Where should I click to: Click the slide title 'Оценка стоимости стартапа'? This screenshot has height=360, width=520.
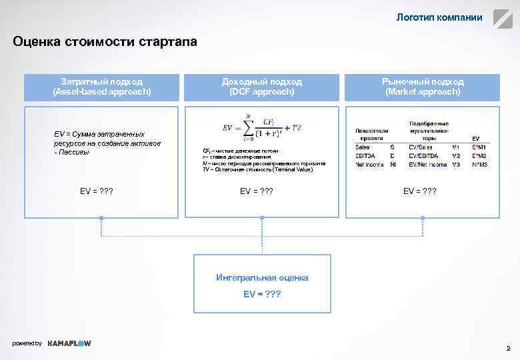tap(105, 42)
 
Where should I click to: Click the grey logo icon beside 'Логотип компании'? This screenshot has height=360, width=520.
tap(503, 18)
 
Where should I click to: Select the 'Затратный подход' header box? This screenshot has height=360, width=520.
tap(102, 87)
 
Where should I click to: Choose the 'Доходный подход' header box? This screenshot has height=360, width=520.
tap(262, 87)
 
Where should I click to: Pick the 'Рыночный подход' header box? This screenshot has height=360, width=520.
tap(423, 87)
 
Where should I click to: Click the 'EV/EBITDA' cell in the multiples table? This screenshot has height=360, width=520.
tap(424, 155)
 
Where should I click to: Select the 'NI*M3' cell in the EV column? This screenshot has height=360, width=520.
tap(479, 164)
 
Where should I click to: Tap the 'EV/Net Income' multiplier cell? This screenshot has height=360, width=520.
tap(428, 164)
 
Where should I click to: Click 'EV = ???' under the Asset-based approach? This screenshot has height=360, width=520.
tap(97, 191)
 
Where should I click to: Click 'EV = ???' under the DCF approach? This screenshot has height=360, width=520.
tap(257, 191)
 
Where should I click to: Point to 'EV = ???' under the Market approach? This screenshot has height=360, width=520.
tap(420, 191)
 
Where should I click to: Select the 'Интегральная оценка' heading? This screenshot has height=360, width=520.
tap(262, 277)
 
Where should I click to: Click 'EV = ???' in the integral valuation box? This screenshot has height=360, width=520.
tap(262, 293)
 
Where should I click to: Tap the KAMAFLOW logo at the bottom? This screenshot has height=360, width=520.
tap(69, 343)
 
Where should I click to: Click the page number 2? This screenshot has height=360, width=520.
tap(508, 348)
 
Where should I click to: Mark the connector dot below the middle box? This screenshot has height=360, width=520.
tap(262, 218)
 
